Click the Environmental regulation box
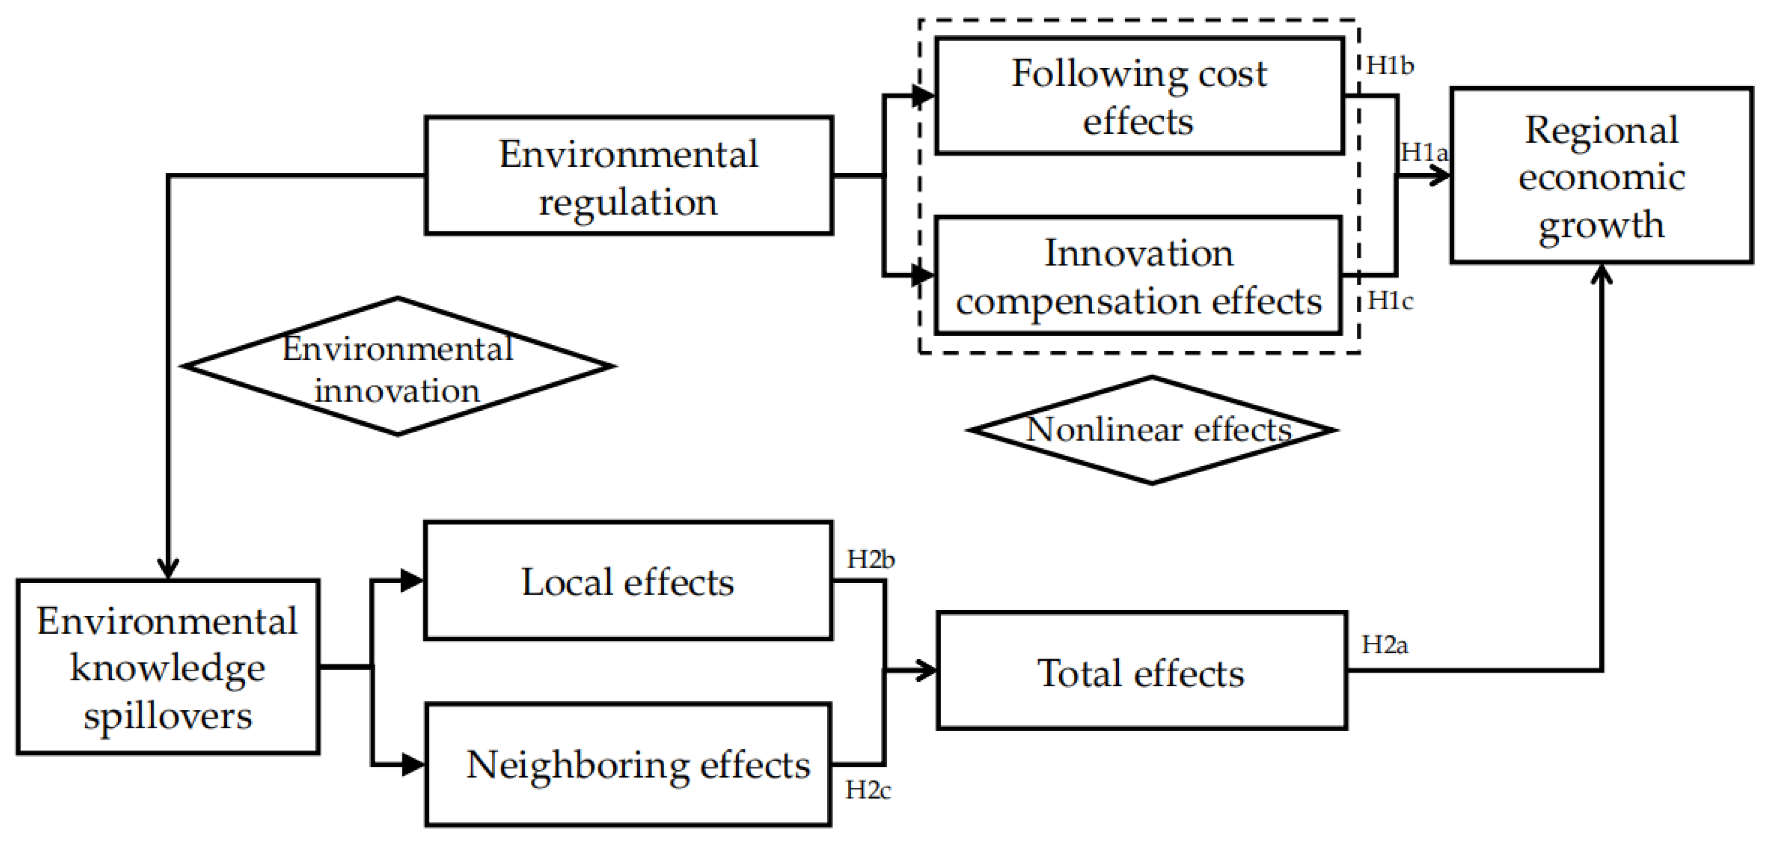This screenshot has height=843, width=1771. pos(629,176)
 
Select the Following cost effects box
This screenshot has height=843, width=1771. pos(1139,97)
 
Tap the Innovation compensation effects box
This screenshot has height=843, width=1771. pos(1139,276)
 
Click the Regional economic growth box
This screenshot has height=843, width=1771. pos(1601,176)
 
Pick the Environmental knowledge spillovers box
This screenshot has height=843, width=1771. pos(168,667)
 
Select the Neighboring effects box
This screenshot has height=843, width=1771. pos(629,765)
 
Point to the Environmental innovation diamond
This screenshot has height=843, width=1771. pos(398,367)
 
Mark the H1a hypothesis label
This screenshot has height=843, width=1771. pos(1424,152)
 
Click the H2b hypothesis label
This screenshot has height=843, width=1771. pos(870,559)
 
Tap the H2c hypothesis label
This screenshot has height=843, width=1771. pos(868,791)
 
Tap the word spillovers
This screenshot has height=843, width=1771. pos(168,716)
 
